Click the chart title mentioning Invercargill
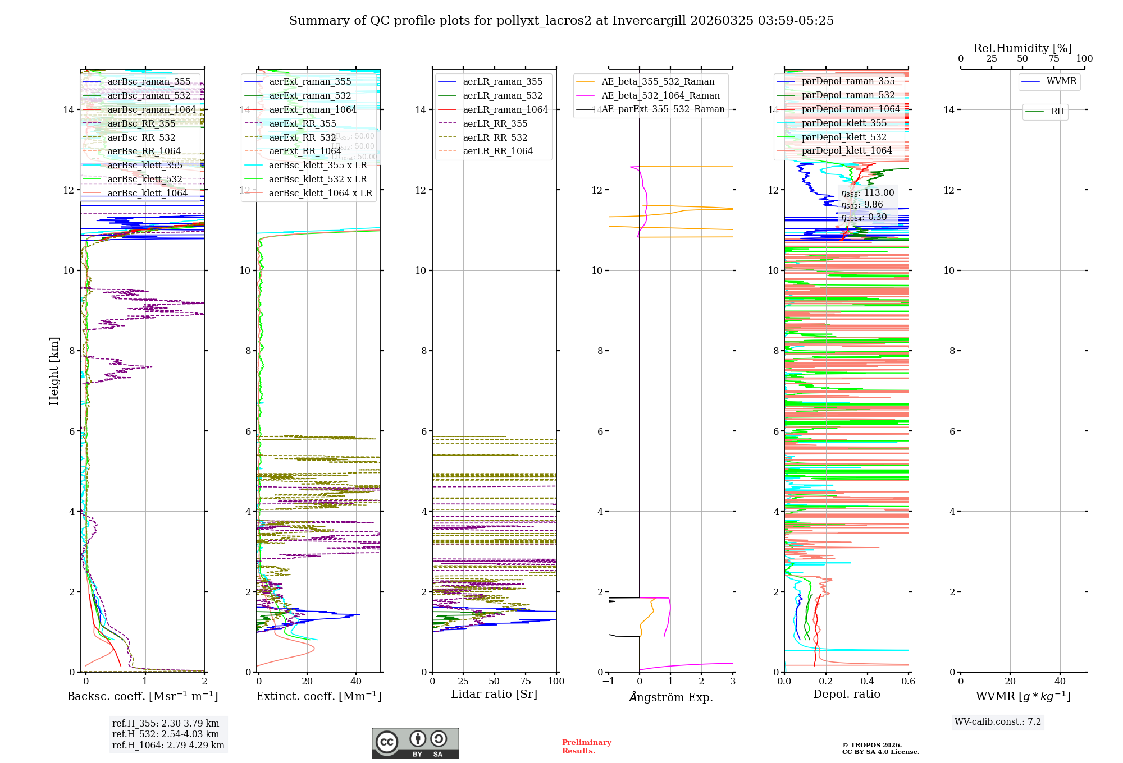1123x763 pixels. click(561, 21)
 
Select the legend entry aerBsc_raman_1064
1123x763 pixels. click(152, 110)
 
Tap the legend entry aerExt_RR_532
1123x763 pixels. click(302, 138)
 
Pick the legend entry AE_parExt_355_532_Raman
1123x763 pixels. click(663, 109)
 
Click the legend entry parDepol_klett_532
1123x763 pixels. click(844, 137)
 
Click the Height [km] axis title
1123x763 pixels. click(54, 371)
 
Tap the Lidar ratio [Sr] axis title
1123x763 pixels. click(494, 695)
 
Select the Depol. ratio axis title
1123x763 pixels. click(847, 695)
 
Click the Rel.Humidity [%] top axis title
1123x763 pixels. click(1022, 48)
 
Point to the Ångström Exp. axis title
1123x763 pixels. click(671, 697)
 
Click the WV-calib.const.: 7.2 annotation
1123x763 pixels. click(998, 722)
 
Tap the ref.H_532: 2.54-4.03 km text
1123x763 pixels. click(166, 734)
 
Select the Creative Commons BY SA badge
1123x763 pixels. click(415, 743)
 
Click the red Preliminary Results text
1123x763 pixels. click(586, 747)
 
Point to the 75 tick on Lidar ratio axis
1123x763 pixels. click(526, 682)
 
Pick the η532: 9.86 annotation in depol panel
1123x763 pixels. click(862, 205)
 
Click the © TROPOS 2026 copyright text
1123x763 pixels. click(872, 746)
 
